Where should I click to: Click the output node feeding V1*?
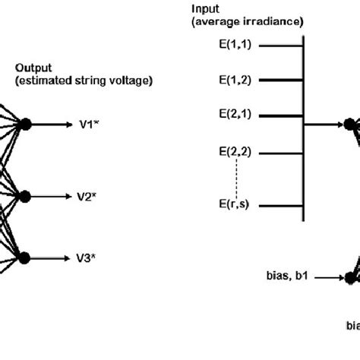[x=25, y=125]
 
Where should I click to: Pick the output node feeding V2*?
[x=25, y=196]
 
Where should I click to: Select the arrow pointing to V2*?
[x=52, y=196]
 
